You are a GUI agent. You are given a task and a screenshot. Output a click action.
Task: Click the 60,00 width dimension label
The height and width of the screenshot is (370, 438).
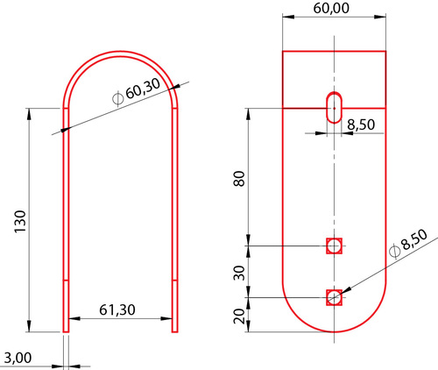(x=331, y=8)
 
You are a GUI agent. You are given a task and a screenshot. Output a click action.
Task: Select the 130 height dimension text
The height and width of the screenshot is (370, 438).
(x=20, y=221)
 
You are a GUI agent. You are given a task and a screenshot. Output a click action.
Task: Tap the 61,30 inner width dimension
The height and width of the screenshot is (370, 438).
(x=117, y=310)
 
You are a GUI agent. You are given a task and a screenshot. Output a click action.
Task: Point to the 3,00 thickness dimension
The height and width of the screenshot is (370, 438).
(x=18, y=358)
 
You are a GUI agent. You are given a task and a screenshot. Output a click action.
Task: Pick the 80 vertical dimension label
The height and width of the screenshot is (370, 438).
(x=239, y=179)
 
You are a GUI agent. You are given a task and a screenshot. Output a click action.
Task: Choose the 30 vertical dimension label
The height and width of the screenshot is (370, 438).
(x=239, y=273)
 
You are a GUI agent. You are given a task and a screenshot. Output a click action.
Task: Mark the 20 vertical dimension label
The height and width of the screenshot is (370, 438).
(x=239, y=317)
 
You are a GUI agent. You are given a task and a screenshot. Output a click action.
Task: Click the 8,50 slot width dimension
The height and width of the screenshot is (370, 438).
(x=361, y=125)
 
